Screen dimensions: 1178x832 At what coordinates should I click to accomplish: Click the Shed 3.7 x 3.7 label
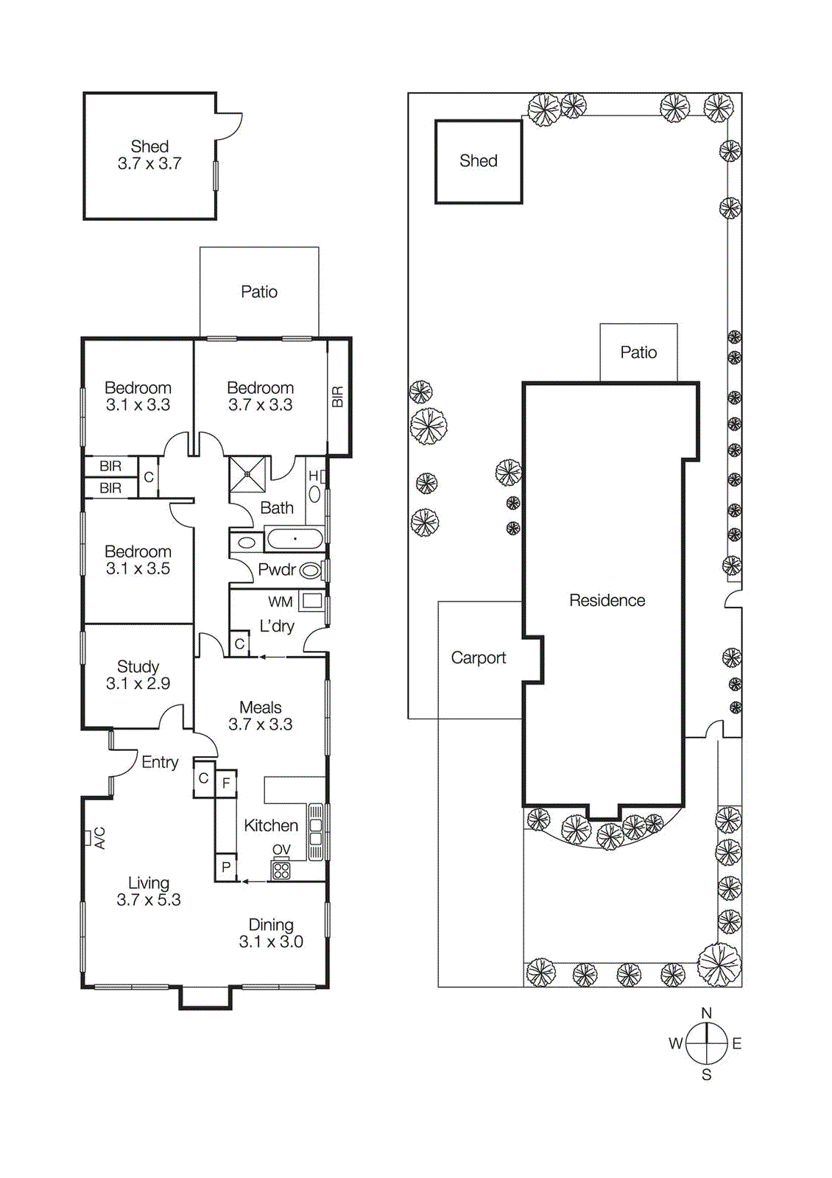point(149,155)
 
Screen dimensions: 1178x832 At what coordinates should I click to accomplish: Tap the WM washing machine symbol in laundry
point(312,601)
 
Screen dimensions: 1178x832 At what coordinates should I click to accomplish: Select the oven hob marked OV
point(281,871)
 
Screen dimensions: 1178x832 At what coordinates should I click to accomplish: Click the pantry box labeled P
point(226,867)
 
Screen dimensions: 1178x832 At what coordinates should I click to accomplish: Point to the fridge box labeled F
point(226,783)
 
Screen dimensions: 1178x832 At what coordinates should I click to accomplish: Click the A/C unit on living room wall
point(87,837)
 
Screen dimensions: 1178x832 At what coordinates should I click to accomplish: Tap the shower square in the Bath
point(247,474)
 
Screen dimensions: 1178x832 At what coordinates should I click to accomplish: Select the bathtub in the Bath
point(295,539)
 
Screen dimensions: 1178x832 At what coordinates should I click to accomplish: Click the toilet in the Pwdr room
point(311,570)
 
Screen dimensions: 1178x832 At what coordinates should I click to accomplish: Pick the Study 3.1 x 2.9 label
point(138,675)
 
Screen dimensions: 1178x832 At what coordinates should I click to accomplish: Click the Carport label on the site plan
point(479,658)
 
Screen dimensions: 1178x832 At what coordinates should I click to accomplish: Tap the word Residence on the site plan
point(607,601)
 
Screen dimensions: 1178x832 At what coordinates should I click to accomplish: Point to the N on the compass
point(706,1013)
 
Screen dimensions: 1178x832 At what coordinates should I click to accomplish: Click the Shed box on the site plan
point(479,161)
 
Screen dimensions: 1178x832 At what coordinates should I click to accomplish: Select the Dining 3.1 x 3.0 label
point(271,933)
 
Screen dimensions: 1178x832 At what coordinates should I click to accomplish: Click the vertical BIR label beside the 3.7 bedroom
point(337,397)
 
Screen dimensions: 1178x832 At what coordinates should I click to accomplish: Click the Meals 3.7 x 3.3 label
point(261,716)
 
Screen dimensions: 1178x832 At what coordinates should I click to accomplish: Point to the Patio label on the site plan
point(638,353)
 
